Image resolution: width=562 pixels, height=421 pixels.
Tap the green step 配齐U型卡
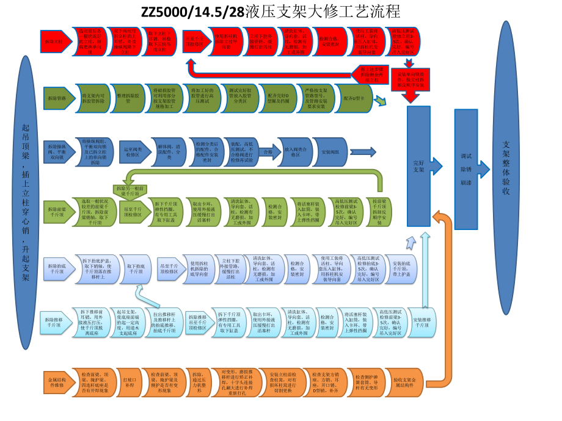(354, 98)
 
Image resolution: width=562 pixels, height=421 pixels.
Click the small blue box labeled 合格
(268, 151)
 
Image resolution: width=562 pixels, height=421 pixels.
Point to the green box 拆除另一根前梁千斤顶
(130, 192)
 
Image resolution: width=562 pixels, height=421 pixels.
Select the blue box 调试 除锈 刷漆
(467, 169)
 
